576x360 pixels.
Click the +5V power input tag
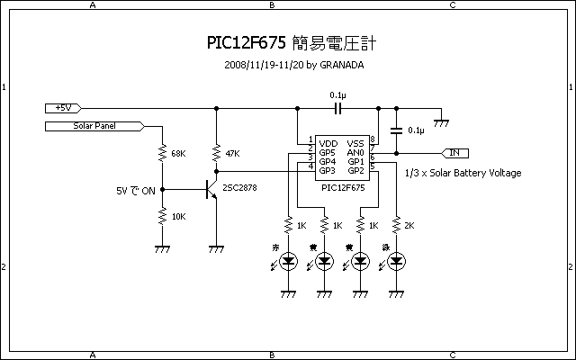[x=64, y=108]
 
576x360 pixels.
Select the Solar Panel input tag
[x=92, y=127]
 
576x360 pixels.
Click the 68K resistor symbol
[x=162, y=153]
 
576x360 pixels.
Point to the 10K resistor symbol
[x=162, y=216]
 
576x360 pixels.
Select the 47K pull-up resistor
[x=216, y=153]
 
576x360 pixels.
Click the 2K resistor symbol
[x=397, y=224]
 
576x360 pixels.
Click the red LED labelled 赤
[x=289, y=261]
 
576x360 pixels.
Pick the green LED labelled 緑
[x=397, y=261]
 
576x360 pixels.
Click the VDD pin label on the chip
[x=328, y=142]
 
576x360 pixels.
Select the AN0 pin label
[x=355, y=152]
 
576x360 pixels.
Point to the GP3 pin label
[x=328, y=170]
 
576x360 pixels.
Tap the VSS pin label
[x=355, y=142]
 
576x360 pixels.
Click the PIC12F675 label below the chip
[x=343, y=187]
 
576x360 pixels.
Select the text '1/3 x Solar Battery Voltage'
[x=463, y=173]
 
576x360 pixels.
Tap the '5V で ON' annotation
[x=136, y=191]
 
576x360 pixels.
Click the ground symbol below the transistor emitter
[x=216, y=249]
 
